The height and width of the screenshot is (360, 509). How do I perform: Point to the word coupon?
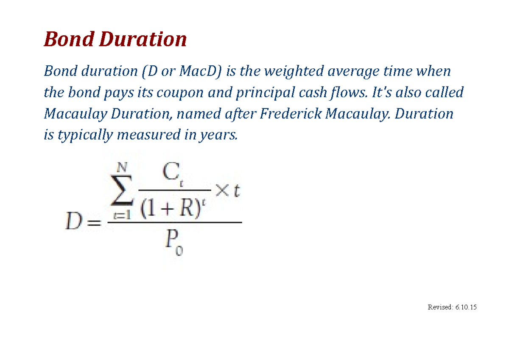[x=180, y=92]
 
